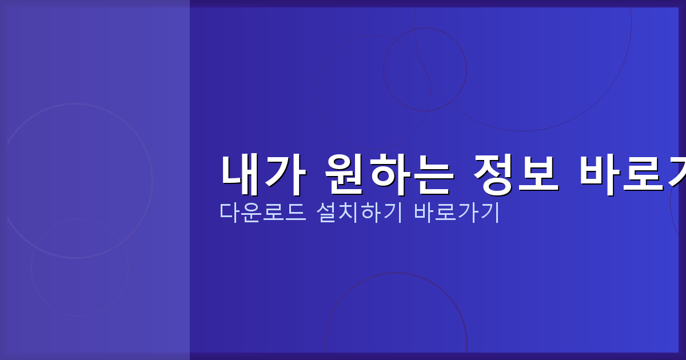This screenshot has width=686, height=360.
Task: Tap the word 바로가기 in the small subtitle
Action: click(x=457, y=213)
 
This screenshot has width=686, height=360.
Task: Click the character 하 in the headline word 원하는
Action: click(x=389, y=174)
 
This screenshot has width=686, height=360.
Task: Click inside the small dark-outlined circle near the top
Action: click(x=425, y=69)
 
